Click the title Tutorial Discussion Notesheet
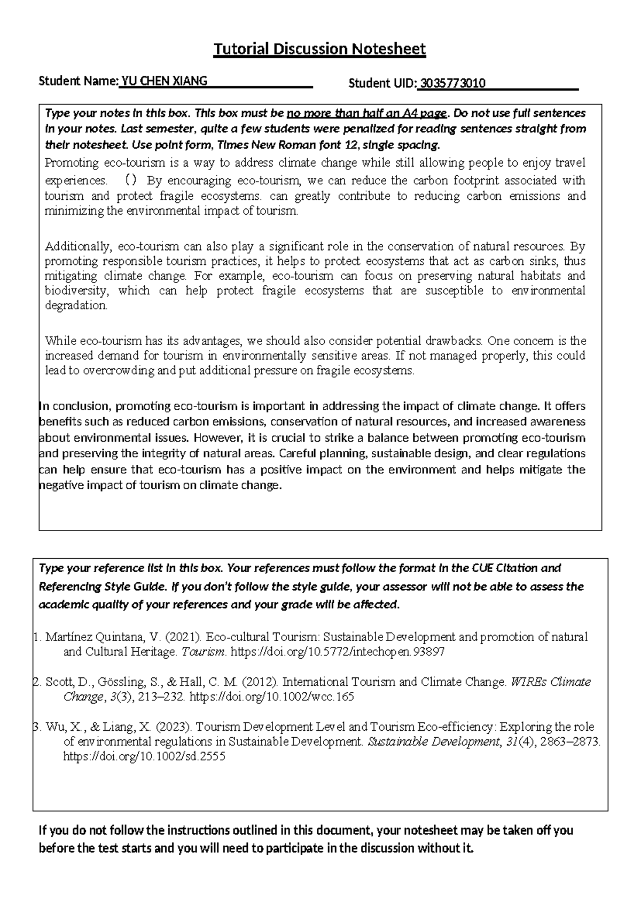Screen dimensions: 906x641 [319, 49]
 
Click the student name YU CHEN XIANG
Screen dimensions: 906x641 [165, 81]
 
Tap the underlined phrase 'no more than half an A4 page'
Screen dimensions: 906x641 [368, 113]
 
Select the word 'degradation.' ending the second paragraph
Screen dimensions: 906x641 [76, 306]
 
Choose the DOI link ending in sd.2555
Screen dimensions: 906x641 [144, 757]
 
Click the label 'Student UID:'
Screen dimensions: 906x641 [381, 83]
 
